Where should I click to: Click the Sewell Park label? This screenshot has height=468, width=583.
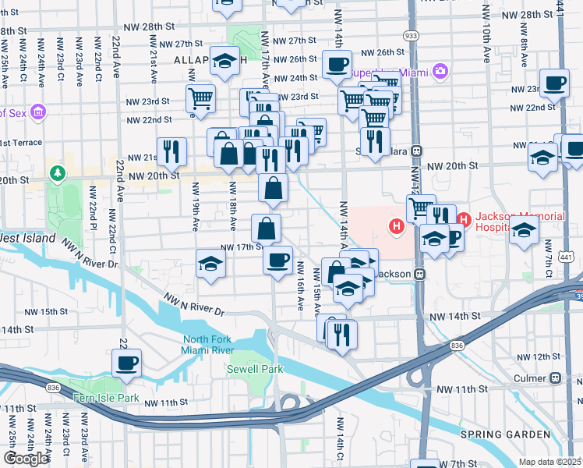pyautogui.click(x=254, y=369)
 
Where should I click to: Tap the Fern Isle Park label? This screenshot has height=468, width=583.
pyautogui.click(x=105, y=398)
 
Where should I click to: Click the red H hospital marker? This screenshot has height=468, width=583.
pyautogui.click(x=397, y=227)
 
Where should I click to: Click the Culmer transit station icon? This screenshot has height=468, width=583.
pyautogui.click(x=555, y=378)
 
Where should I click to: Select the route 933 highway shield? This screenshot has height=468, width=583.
pyautogui.click(x=410, y=36)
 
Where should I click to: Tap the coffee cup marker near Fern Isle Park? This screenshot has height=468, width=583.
pyautogui.click(x=126, y=363)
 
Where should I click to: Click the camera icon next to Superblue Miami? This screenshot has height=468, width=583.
pyautogui.click(x=441, y=72)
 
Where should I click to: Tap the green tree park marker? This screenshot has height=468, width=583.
pyautogui.click(x=56, y=172)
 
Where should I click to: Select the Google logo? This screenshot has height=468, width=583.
pyautogui.click(x=26, y=458)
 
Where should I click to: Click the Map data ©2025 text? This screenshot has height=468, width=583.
pyautogui.click(x=549, y=462)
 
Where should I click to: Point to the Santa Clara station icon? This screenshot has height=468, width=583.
pyautogui.click(x=417, y=151)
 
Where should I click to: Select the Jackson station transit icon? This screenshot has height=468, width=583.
pyautogui.click(x=419, y=275)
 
